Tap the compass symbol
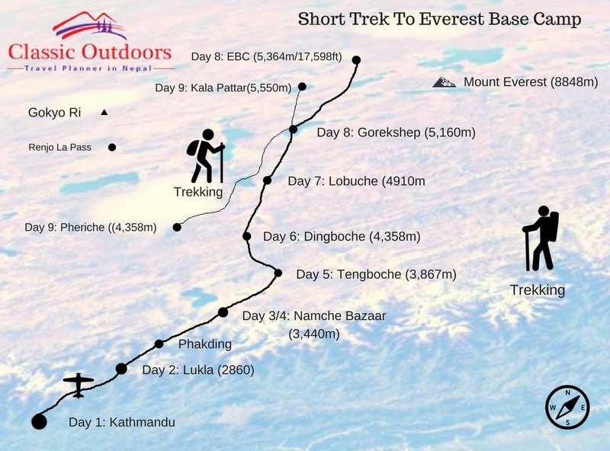coord(567,407)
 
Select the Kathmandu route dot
coord(39,421)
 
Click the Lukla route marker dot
coord(121,369)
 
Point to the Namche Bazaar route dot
coord(223,312)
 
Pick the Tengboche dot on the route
coord(278,273)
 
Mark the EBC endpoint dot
coord(356,59)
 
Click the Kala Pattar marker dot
coord(303,86)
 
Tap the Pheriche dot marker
coord(177,227)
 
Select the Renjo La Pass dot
coord(112,147)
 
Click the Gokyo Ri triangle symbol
coord(104,113)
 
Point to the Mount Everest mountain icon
coord(443,82)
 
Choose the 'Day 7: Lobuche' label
coord(356,181)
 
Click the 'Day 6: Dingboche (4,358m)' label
coord(342,237)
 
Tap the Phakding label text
coord(204,344)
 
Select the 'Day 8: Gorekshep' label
coord(396,133)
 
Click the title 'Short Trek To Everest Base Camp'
coord(439,18)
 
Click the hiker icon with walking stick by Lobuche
coord(205,155)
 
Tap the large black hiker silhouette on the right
coord(541,238)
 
